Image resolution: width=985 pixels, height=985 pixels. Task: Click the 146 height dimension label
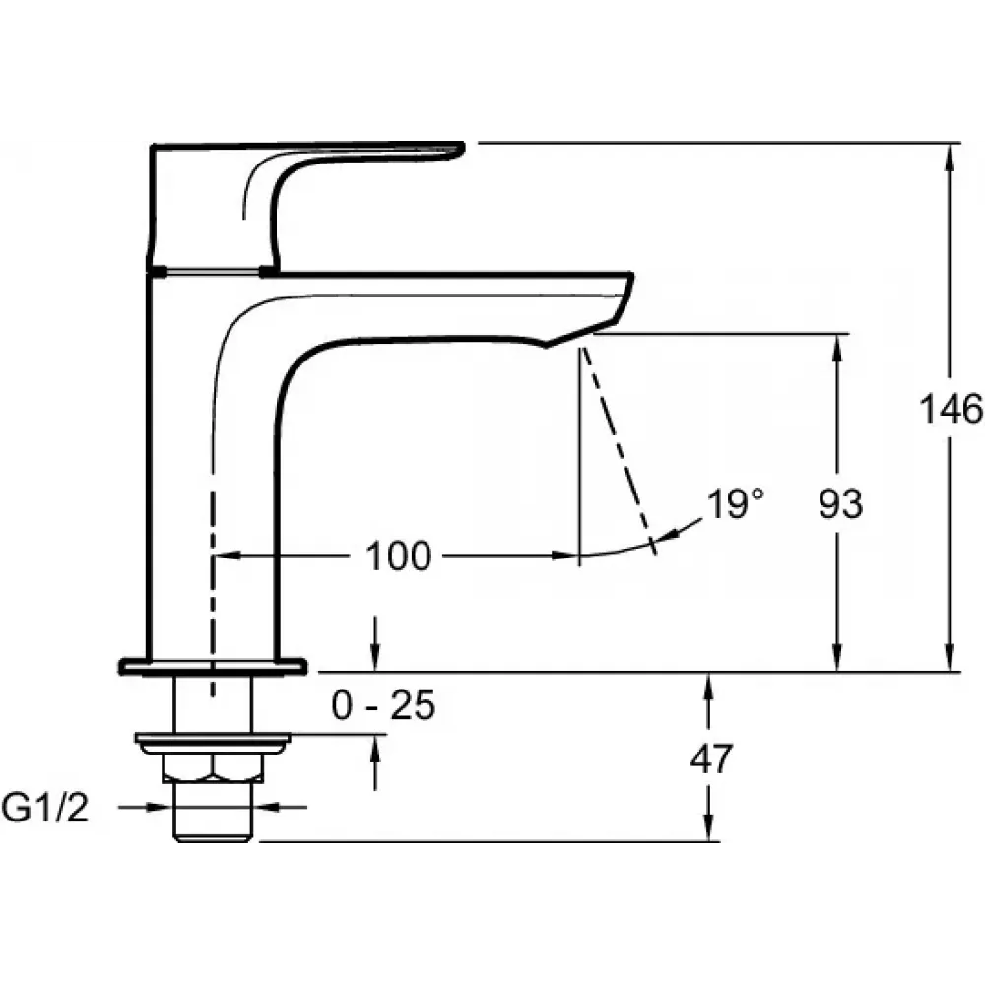coord(951,409)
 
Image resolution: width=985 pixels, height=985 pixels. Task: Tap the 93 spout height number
coord(840,503)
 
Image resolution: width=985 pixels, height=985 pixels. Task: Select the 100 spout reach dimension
coord(398,556)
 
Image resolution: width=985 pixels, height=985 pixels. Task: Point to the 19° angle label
coord(736,503)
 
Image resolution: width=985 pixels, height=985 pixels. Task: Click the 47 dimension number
coord(711,758)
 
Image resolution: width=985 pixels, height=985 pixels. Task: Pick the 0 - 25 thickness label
coord(383,705)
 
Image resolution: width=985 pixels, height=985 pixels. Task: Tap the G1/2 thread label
coord(45,808)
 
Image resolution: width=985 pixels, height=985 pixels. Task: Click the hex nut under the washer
coord(213,767)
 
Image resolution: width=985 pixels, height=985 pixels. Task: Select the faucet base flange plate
coord(213,666)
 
